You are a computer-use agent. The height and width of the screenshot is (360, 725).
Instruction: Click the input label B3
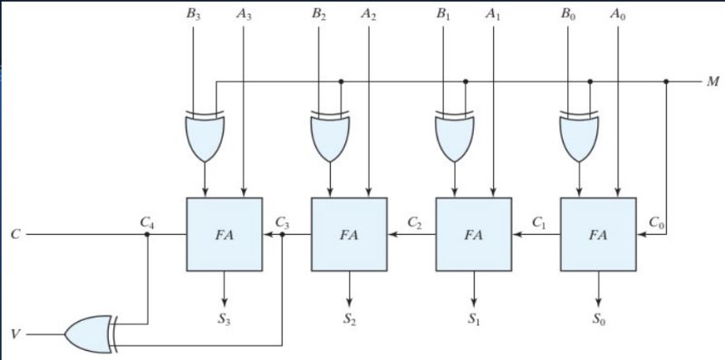tap(193, 15)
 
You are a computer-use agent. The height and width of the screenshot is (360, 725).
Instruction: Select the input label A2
tap(368, 15)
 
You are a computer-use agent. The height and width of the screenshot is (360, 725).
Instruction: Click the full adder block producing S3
tap(224, 234)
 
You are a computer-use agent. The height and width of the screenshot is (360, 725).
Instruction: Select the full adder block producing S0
tap(598, 234)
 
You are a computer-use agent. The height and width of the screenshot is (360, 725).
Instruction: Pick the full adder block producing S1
tap(473, 234)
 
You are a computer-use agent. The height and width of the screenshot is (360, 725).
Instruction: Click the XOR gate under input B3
tap(205, 136)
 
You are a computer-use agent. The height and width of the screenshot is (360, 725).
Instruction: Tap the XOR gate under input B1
tap(455, 136)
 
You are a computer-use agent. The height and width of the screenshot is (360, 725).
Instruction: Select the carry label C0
tap(656, 221)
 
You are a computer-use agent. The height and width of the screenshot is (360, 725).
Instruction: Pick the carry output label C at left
tap(14, 234)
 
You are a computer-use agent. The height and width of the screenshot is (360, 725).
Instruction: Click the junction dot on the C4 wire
tap(147, 234)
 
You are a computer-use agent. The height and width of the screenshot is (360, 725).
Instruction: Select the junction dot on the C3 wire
tap(283, 234)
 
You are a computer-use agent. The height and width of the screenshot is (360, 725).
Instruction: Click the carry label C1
tap(538, 221)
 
